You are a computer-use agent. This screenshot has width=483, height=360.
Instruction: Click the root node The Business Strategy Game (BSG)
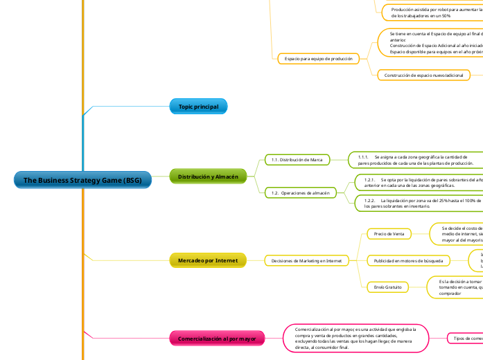[x=82, y=181]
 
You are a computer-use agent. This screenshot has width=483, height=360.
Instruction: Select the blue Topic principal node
[x=198, y=107]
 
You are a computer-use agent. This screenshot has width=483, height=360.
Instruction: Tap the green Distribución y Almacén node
[x=208, y=177]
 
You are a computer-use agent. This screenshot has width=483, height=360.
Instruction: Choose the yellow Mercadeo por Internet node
[x=208, y=260]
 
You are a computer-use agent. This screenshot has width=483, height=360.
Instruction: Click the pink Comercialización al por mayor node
[x=217, y=339]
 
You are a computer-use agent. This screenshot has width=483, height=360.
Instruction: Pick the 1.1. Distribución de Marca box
[x=297, y=160]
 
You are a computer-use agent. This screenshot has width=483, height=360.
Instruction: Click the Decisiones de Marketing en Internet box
[x=306, y=260]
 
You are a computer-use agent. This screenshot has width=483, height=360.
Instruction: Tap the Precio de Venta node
[x=389, y=234]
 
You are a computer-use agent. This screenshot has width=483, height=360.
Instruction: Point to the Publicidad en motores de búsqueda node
[x=408, y=260]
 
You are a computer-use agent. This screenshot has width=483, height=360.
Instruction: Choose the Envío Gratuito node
[x=388, y=286]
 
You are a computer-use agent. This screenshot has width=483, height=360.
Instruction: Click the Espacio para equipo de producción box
[x=315, y=59]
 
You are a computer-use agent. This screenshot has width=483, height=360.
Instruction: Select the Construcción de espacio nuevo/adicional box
[x=424, y=75]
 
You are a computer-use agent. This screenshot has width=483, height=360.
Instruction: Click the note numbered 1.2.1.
[x=419, y=183]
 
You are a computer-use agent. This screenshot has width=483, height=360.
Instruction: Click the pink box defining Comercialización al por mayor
[x=355, y=338]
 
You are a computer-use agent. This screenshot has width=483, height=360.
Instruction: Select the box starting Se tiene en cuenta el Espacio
[x=430, y=42]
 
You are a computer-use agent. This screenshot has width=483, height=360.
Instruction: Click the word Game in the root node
[x=105, y=181]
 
